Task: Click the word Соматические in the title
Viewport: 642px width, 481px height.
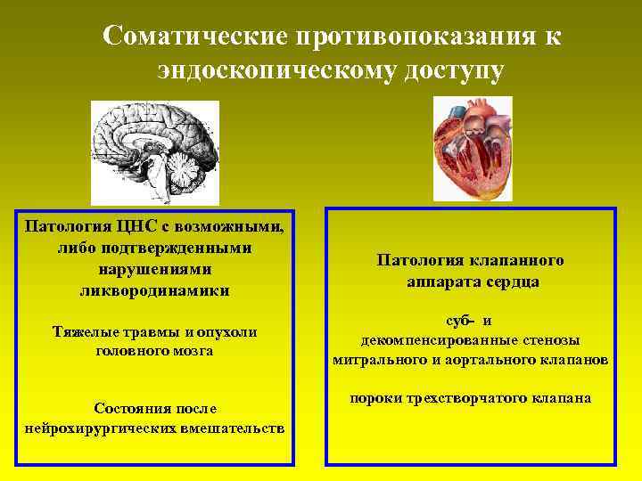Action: point(191,37)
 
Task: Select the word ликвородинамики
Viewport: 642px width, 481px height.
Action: point(154,290)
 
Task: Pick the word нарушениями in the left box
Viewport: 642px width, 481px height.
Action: point(154,269)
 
